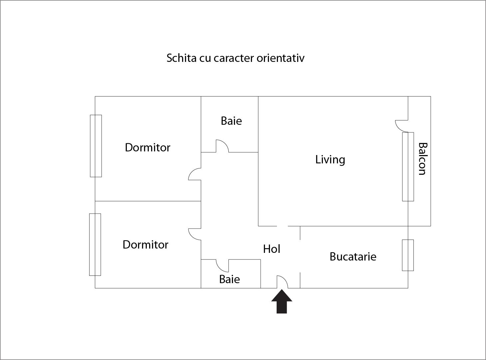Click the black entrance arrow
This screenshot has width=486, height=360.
pyautogui.click(x=282, y=301)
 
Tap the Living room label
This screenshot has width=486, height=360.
pyautogui.click(x=330, y=159)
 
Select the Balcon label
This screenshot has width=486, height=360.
pyautogui.click(x=423, y=159)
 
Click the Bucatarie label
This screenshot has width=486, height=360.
pyautogui.click(x=353, y=257)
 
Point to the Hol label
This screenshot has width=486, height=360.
pyautogui.click(x=272, y=249)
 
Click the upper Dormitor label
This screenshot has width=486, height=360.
pyautogui.click(x=147, y=147)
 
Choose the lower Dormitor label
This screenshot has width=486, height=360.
pyautogui.click(x=145, y=245)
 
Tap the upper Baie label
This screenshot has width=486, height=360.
pyautogui.click(x=231, y=121)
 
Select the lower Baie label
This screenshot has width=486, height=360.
pyautogui.click(x=229, y=279)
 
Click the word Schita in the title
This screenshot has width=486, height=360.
pyautogui.click(x=181, y=58)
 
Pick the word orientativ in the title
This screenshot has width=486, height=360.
pyautogui.click(x=281, y=58)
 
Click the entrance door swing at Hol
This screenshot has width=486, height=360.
pyautogui.click(x=282, y=282)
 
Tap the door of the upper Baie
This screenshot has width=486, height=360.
pyautogui.click(x=222, y=146)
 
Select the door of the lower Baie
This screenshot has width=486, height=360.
pyautogui.click(x=222, y=266)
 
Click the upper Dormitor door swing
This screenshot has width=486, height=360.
pyautogui.click(x=195, y=174)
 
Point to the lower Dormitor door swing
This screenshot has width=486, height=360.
pyautogui.click(x=195, y=234)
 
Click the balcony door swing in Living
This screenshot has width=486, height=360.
pyautogui.click(x=402, y=126)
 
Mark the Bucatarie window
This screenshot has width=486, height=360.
pyautogui.click(x=408, y=255)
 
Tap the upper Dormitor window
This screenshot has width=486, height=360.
pyautogui.click(x=96, y=146)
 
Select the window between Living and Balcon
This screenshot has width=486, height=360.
pyautogui.click(x=408, y=167)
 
